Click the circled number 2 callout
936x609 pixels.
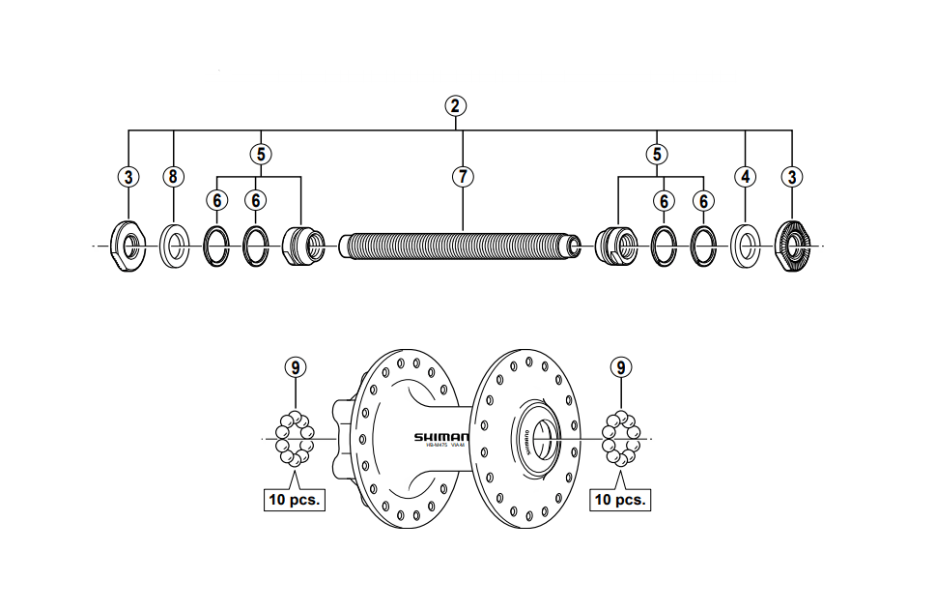[x=455, y=105]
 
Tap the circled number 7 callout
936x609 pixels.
[x=463, y=176]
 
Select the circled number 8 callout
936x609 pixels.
[x=173, y=176]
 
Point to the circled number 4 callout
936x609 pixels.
[x=746, y=176]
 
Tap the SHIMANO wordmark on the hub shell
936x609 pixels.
[x=441, y=437]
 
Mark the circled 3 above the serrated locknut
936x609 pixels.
[x=793, y=176]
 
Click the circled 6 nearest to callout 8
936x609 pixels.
[x=216, y=200]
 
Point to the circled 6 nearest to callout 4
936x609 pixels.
[x=704, y=200]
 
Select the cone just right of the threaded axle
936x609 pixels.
[x=614, y=244]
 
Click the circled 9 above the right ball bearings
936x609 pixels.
[x=621, y=366]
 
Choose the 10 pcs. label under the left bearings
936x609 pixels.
[x=294, y=500]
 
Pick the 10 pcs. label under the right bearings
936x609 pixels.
[x=619, y=500]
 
